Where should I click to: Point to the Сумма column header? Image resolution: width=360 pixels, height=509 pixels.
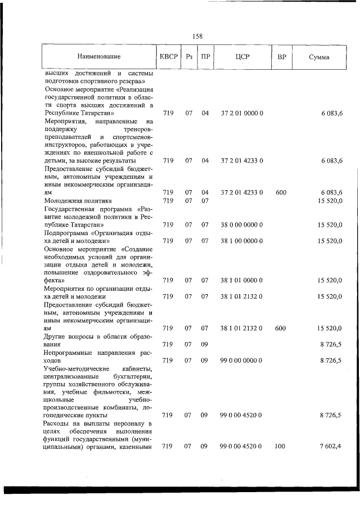point(319,57)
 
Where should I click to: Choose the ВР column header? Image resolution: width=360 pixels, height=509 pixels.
point(281,57)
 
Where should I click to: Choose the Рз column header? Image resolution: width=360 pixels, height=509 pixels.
point(189,57)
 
